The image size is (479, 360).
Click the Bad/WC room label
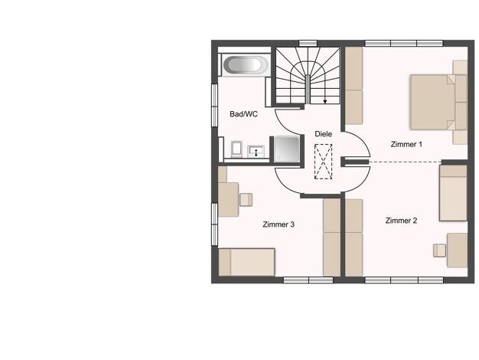pyautogui.click(x=243, y=114)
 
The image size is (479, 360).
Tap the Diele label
pyautogui.click(x=323, y=134)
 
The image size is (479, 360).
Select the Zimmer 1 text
pyautogui.click(x=406, y=144)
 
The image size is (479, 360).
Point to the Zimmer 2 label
pyautogui.click(x=401, y=221)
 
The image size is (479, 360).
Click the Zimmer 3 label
pyautogui.click(x=279, y=224)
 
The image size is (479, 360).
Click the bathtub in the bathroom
pyautogui.click(x=246, y=65)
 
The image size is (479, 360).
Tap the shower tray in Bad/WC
pyautogui.click(x=287, y=149)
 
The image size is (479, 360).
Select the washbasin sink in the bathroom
pyautogui.click(x=256, y=151)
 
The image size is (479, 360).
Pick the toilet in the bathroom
pyautogui.click(x=236, y=149)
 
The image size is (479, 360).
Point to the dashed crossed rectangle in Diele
pyautogui.click(x=323, y=162)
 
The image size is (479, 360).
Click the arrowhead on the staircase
pyautogui.click(x=325, y=102)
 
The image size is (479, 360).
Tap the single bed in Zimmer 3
pyautogui.click(x=247, y=262)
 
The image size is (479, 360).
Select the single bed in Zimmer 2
pyautogui.click(x=453, y=193)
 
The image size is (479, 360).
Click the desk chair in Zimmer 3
pyautogui.click(x=246, y=199)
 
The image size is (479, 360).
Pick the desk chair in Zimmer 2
pyautogui.click(x=439, y=250)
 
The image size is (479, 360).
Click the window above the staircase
pyautogui.click(x=308, y=43)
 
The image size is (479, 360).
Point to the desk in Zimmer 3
pyautogui.click(x=228, y=199)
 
